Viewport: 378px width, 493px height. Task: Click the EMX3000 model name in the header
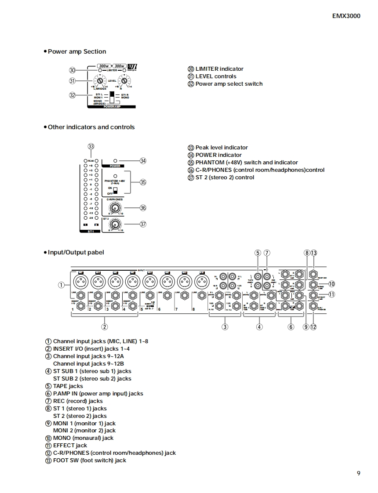346,16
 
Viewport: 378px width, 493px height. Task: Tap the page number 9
359,473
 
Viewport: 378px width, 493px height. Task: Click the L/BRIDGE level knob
100,81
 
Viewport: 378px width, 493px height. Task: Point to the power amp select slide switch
112,97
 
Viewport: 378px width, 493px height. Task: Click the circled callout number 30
73,70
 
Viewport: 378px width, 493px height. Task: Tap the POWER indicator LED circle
115,161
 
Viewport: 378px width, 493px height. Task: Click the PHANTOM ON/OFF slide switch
115,190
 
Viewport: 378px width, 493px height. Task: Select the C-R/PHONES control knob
115,208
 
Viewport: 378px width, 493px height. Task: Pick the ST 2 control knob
114,224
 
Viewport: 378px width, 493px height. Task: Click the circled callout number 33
91,147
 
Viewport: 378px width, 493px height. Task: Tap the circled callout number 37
143,224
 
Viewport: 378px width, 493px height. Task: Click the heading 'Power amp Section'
76,51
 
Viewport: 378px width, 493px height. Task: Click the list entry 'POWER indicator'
218,155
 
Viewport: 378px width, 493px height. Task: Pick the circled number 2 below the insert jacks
105,326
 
